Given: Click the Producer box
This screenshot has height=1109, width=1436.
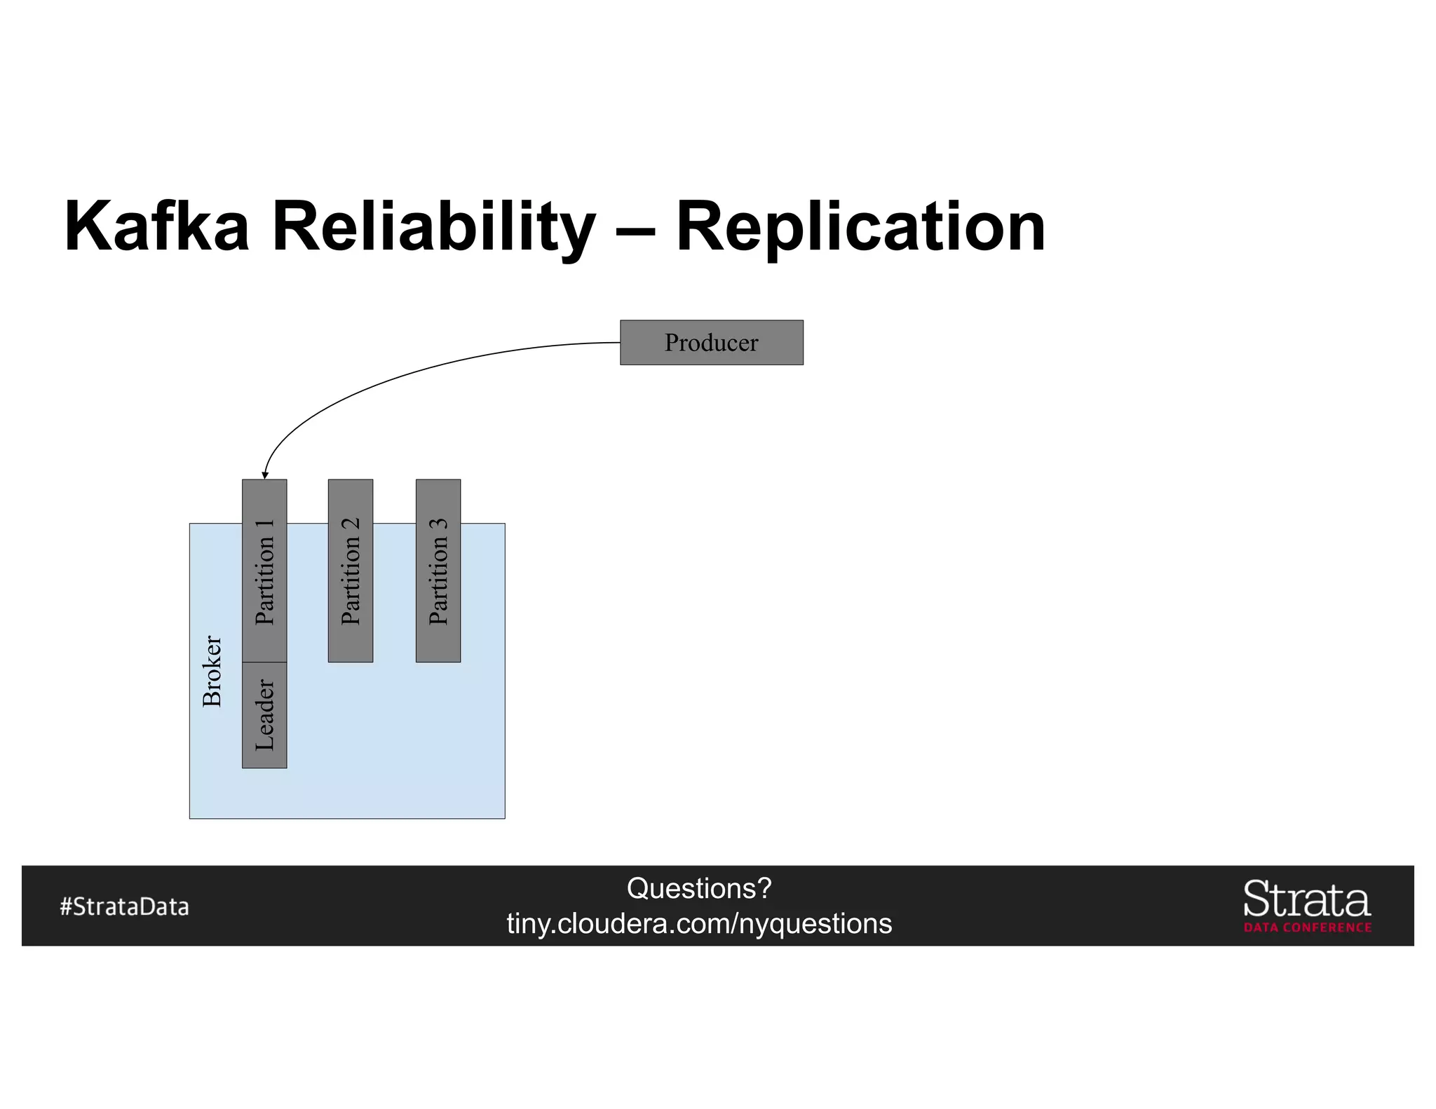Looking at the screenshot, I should (x=711, y=343).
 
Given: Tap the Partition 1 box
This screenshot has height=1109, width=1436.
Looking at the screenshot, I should (x=264, y=571).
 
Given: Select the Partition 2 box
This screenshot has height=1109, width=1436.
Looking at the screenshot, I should (x=351, y=571).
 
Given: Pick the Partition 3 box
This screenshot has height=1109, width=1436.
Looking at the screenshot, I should (x=438, y=571).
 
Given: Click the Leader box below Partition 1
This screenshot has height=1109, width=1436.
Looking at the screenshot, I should (x=264, y=715).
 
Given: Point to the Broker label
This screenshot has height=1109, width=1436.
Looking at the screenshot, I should (x=212, y=671).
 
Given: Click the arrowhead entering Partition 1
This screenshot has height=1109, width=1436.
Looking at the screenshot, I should (x=265, y=475).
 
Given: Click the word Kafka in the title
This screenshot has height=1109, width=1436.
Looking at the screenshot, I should (x=156, y=226).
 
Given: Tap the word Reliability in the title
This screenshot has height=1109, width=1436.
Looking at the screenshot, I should (x=433, y=226).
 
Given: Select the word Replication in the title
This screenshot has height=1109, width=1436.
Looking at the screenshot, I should (x=860, y=226).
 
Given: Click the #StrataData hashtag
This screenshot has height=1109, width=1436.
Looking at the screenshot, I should (x=125, y=906).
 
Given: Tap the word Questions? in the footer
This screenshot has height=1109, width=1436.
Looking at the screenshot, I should (x=699, y=888).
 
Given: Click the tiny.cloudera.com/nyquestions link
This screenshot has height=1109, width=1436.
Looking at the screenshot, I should (x=699, y=924).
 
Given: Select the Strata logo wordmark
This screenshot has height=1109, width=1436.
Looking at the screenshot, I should (x=1307, y=899).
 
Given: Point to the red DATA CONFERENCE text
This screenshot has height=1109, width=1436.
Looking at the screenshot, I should (x=1308, y=927).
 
